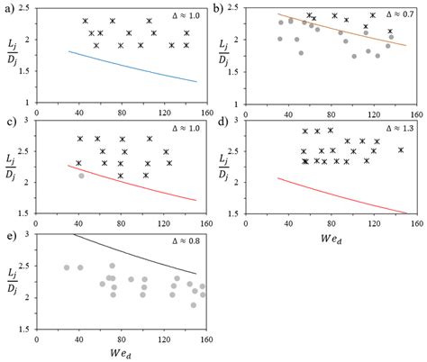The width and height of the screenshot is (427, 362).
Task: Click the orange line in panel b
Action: [x=342, y=30]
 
